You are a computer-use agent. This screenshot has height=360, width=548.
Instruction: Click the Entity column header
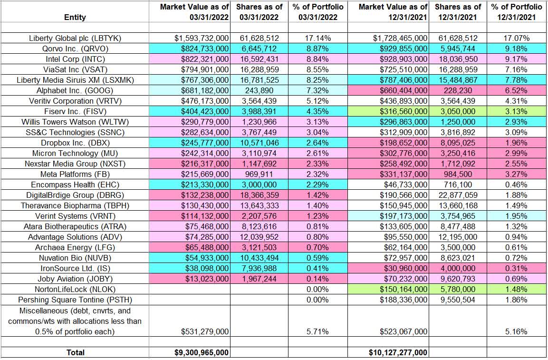click(x=75, y=17)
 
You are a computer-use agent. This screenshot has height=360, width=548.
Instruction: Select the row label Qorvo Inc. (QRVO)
click(x=75, y=48)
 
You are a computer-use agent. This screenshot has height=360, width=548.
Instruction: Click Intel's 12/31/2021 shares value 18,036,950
click(x=455, y=58)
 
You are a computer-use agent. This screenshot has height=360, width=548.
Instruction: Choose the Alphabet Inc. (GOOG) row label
click(x=75, y=90)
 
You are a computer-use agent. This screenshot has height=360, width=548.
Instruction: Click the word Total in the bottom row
click(x=75, y=352)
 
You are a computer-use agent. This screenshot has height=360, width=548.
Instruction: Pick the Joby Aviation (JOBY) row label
click(x=75, y=279)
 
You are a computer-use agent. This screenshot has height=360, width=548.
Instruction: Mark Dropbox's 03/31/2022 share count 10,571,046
click(x=256, y=143)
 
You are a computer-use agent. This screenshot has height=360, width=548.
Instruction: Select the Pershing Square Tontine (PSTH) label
click(x=75, y=300)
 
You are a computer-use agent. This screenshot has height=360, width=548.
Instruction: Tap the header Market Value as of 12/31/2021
click(x=393, y=12)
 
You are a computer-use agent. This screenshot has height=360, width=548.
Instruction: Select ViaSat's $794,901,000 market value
click(x=202, y=69)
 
